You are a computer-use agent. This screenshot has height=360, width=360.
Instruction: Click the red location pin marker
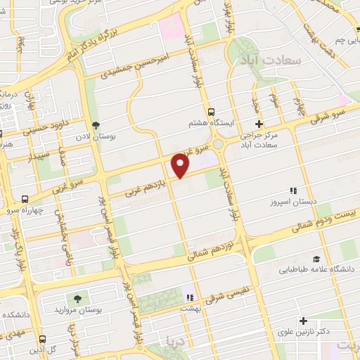181,165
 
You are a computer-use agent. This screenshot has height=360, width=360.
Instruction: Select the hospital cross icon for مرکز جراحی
258,122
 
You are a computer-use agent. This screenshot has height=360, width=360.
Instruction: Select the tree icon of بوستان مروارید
77,298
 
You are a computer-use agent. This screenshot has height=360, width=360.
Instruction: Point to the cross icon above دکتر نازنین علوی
303,321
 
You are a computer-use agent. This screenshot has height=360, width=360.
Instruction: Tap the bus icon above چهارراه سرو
25,199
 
